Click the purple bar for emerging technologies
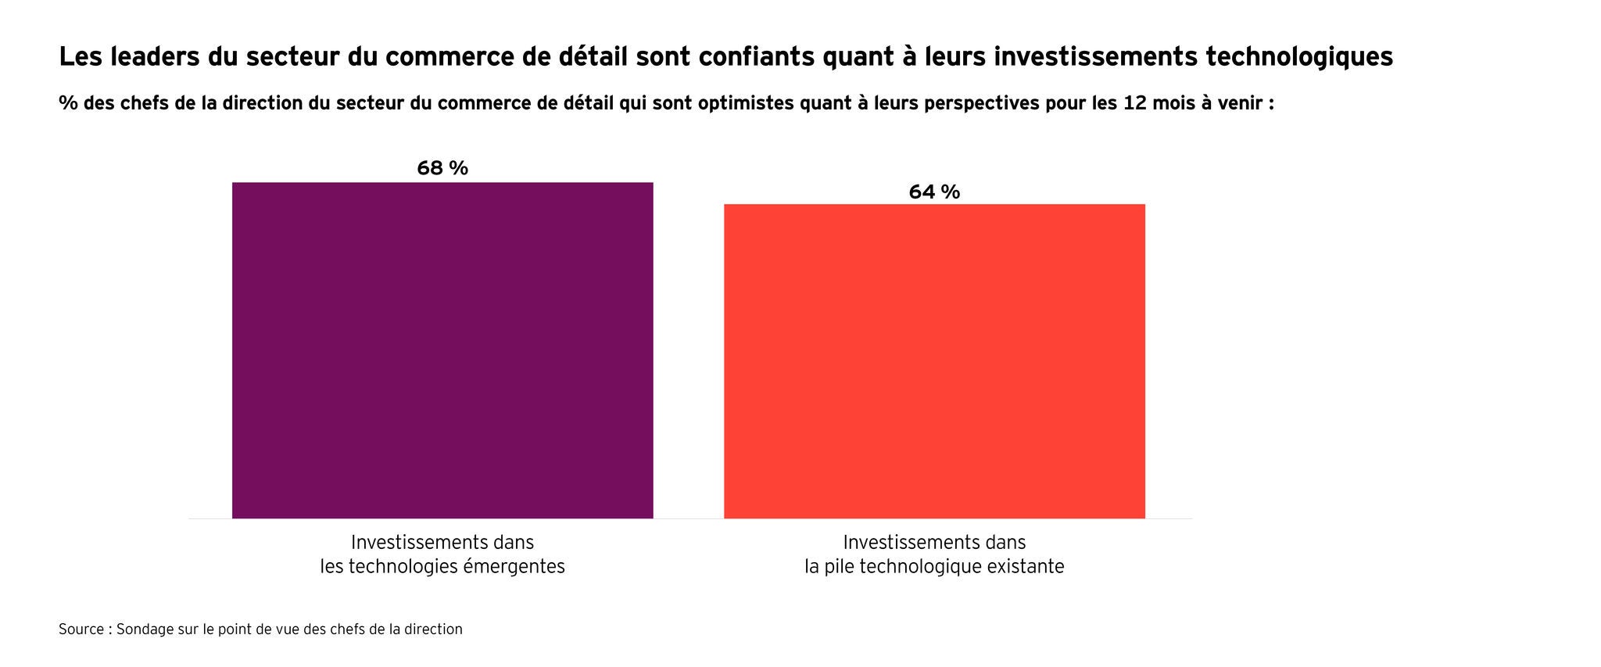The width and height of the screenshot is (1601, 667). (442, 350)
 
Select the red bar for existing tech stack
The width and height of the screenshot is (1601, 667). (934, 361)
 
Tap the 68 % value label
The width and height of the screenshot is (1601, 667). (442, 168)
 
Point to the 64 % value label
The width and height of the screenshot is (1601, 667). (934, 192)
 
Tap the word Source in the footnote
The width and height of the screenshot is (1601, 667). (81, 629)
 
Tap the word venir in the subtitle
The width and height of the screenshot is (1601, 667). (1237, 104)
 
